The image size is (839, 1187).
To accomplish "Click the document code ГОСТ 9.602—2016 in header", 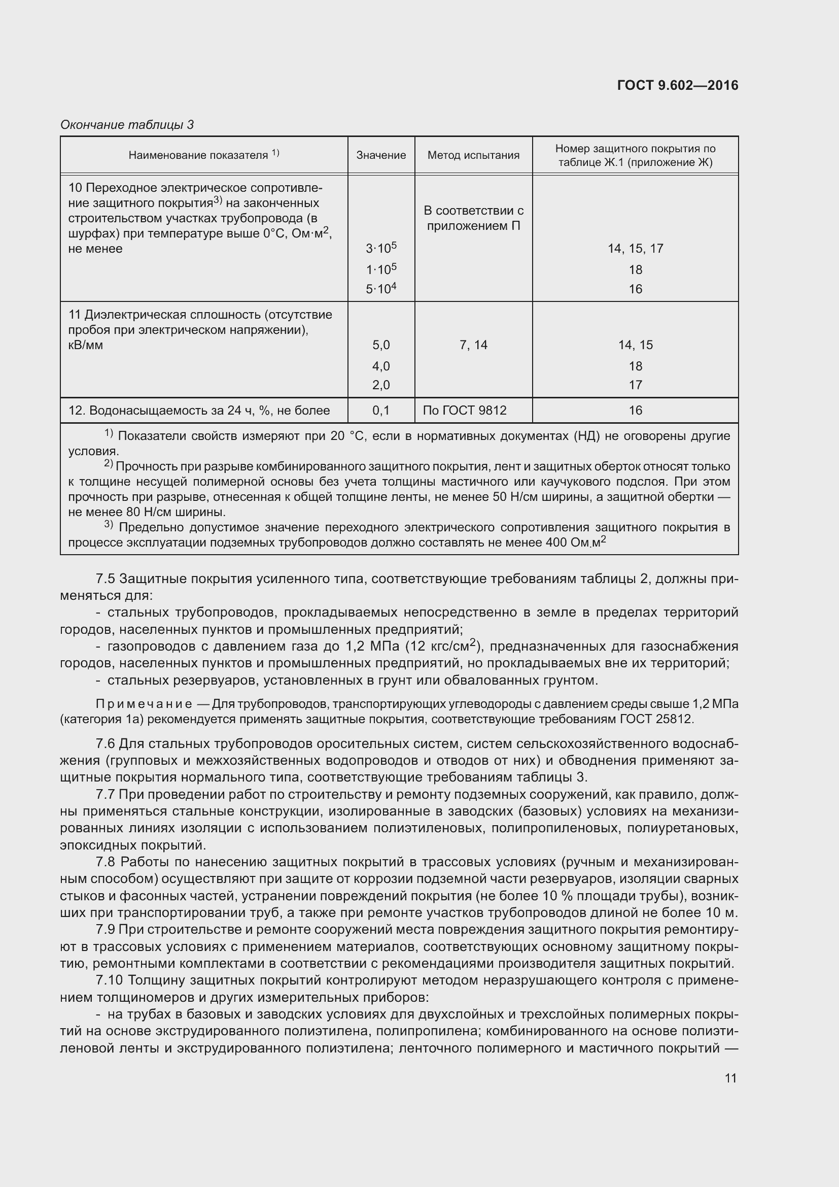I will pyautogui.click(x=677, y=85).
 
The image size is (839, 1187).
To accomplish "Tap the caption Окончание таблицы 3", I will pyautogui.click(x=127, y=125).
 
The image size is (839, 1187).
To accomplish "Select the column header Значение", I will pyautogui.click(x=381, y=155).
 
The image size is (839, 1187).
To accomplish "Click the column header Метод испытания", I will pyautogui.click(x=473, y=155).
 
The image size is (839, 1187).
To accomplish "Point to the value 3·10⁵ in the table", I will pyautogui.click(x=381, y=248).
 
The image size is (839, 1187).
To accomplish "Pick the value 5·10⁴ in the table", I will pyautogui.click(x=381, y=288).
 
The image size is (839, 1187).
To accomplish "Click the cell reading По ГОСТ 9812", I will pyautogui.click(x=465, y=411).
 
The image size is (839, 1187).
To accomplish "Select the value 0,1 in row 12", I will pyautogui.click(x=381, y=411).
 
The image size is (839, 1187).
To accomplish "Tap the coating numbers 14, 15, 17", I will pyautogui.click(x=635, y=249).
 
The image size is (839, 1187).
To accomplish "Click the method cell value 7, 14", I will pyautogui.click(x=473, y=345).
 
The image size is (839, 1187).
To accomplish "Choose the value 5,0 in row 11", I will pyautogui.click(x=381, y=345).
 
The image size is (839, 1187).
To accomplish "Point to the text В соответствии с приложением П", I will pyautogui.click(x=473, y=218).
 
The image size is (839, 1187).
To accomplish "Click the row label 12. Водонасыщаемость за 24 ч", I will pyautogui.click(x=199, y=411).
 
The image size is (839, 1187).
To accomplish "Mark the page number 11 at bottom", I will pyautogui.click(x=730, y=1078).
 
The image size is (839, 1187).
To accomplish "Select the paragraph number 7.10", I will pyautogui.click(x=109, y=980).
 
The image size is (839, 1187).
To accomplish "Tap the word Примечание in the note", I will pyautogui.click(x=144, y=704).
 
